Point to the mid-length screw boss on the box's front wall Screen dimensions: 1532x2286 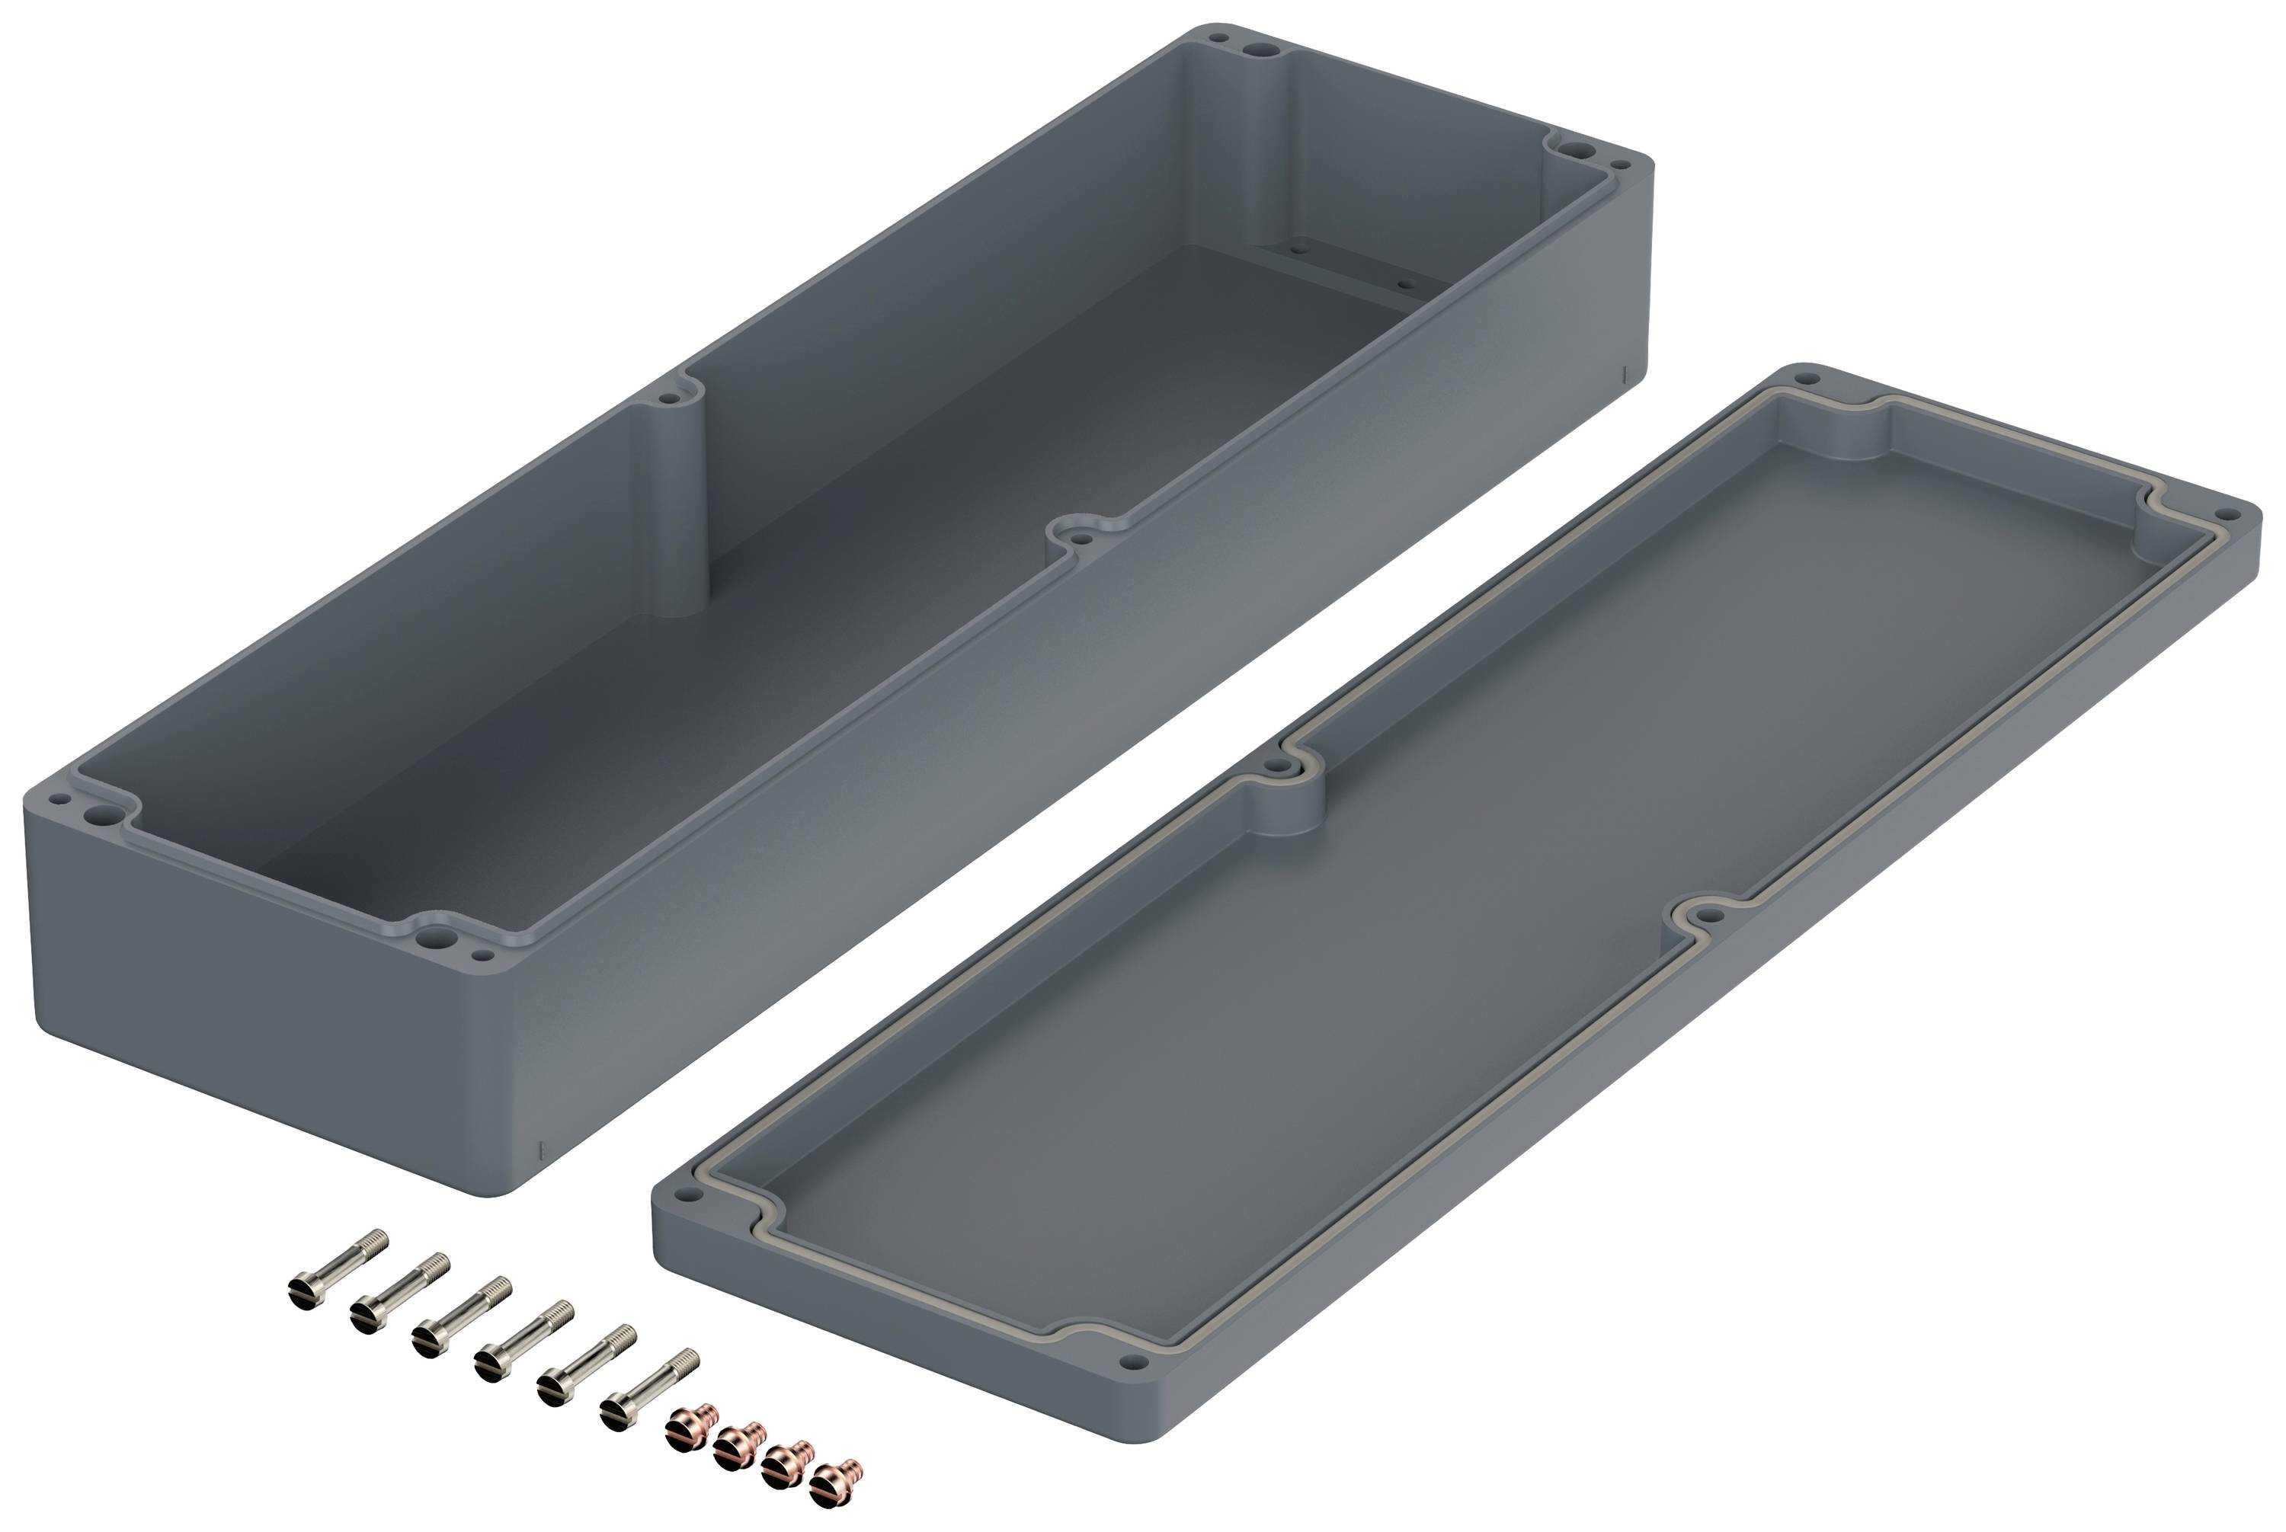[x=1081, y=536]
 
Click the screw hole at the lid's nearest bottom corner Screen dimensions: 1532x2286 [x=1133, y=1361]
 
